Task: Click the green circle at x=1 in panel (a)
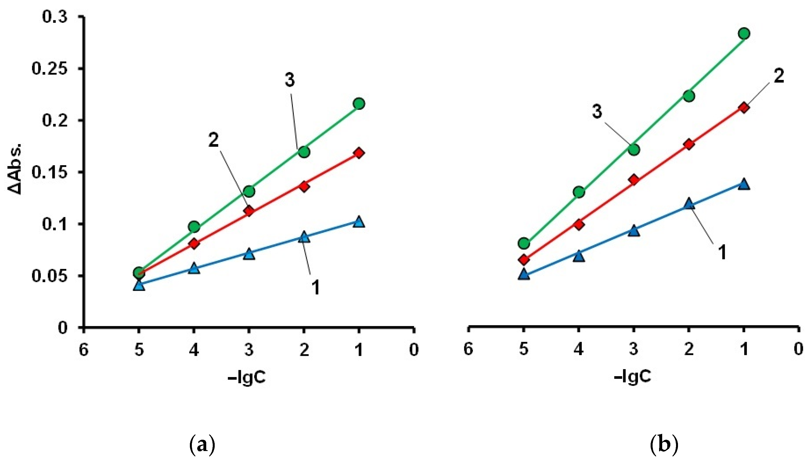(x=359, y=104)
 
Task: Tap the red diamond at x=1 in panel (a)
(x=359, y=153)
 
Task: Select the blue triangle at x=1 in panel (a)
(x=359, y=222)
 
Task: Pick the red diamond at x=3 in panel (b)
(x=634, y=180)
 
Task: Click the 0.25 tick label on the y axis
(x=50, y=69)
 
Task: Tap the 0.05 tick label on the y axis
(x=50, y=276)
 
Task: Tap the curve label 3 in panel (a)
(x=289, y=80)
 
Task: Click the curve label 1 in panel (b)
(x=722, y=252)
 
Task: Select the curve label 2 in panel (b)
(x=779, y=77)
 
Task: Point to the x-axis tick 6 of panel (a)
(x=84, y=350)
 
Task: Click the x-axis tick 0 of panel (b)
(x=798, y=349)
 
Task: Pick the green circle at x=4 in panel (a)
(x=194, y=227)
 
